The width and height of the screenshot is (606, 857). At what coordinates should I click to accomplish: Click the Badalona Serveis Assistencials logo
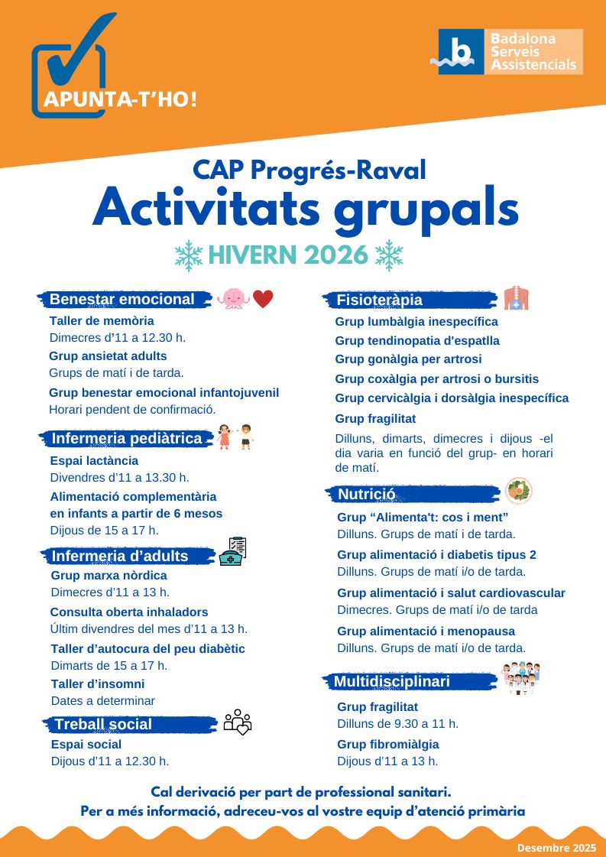tap(510, 51)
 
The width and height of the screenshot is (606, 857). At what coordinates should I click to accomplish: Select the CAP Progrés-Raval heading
tap(309, 170)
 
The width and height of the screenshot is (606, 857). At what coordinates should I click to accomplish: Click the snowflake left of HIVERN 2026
tap(188, 256)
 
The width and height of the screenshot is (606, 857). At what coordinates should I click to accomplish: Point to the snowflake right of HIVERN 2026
tap(389, 255)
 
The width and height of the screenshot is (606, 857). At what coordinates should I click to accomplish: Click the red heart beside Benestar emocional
tap(263, 299)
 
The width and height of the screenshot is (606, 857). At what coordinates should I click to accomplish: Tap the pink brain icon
tap(232, 298)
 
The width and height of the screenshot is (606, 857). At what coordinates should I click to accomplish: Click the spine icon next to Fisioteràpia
tap(517, 297)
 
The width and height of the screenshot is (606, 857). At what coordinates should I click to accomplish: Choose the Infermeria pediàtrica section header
tap(126, 439)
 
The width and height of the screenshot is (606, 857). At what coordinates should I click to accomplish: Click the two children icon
tap(235, 437)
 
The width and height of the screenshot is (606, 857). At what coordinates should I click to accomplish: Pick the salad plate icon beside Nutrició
tap(520, 490)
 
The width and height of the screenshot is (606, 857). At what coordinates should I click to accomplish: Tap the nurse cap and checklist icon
tap(233, 551)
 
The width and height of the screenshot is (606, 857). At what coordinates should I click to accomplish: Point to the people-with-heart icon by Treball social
tap(238, 722)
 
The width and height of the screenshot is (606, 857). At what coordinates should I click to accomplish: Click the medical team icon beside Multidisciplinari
tap(520, 678)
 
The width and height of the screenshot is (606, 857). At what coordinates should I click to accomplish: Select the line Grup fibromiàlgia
tap(387, 745)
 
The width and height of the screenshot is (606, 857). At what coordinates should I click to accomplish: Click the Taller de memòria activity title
tap(102, 321)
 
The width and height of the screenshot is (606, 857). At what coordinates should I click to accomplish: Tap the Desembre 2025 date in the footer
tap(556, 847)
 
